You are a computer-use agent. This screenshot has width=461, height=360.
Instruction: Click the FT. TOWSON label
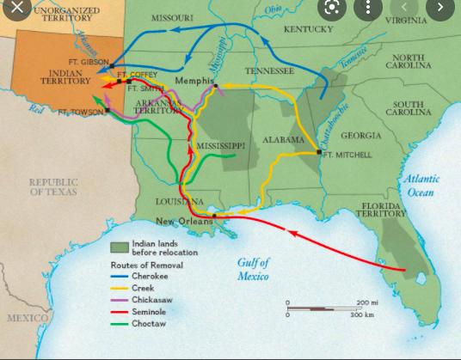pos(83,112)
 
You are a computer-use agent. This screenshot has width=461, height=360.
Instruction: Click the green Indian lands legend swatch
pos(119,247)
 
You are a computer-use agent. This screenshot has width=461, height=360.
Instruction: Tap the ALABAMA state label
pos(284,139)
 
